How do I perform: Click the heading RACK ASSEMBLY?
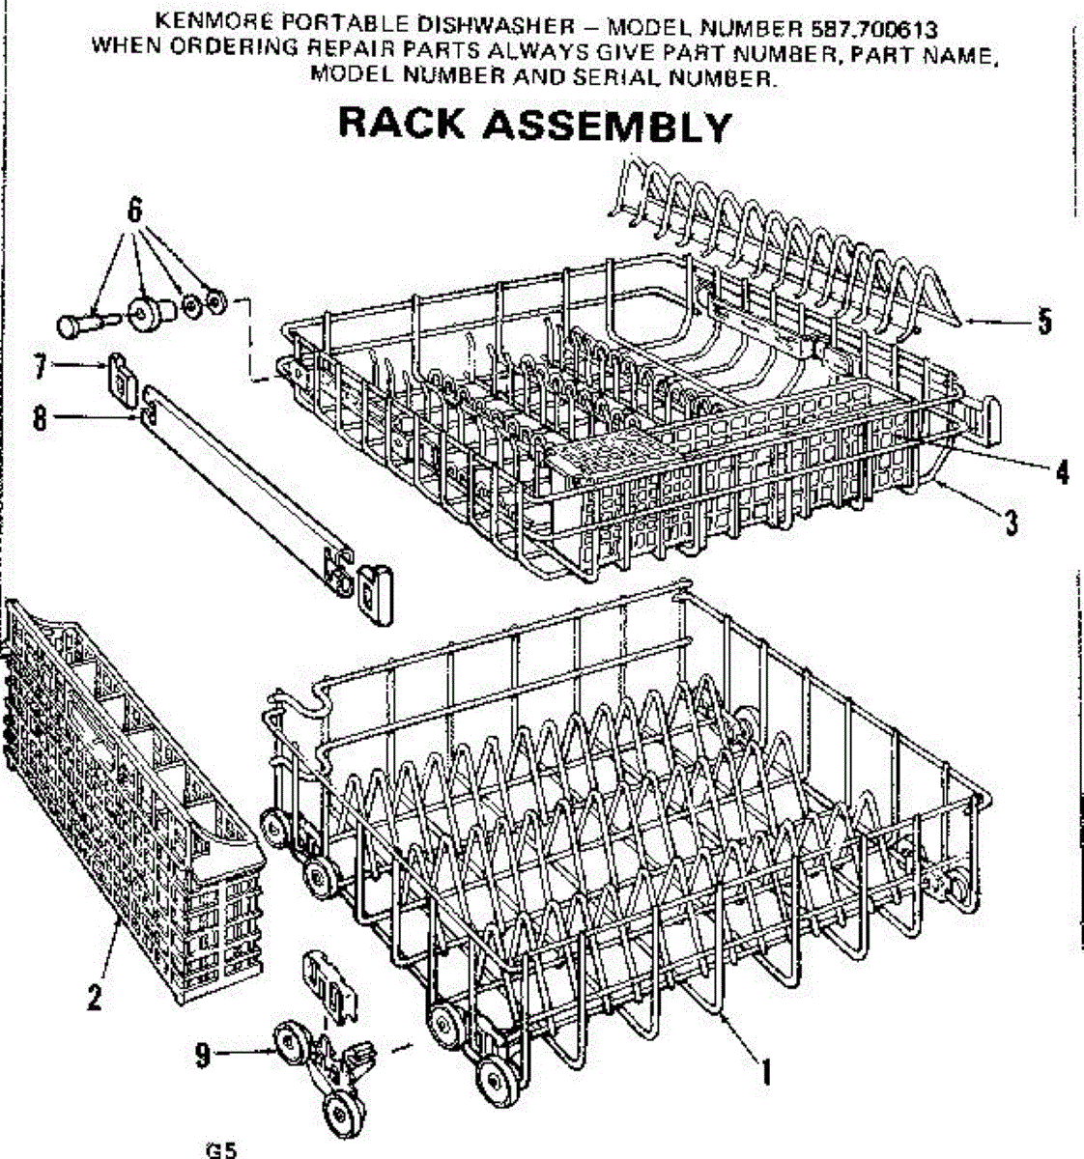[534, 125]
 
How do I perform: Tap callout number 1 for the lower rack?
[766, 1071]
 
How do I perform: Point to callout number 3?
[1011, 523]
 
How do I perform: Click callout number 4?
[1062, 471]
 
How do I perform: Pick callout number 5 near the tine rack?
[1043, 322]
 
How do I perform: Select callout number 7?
[41, 366]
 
